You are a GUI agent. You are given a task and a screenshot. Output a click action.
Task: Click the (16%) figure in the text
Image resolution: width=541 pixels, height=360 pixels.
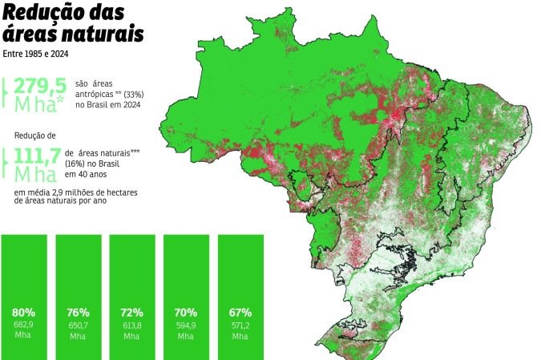78,162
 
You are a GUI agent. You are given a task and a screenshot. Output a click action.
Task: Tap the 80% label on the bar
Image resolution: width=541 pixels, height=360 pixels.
23,312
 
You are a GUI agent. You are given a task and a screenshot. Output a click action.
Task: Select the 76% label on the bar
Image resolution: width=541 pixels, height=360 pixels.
78,312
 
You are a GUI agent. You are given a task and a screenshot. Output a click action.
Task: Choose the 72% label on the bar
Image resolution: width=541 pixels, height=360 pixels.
132,312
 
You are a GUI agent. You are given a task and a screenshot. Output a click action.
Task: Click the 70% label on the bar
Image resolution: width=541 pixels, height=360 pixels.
186,312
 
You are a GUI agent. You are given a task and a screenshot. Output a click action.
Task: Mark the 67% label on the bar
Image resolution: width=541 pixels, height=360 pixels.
240,312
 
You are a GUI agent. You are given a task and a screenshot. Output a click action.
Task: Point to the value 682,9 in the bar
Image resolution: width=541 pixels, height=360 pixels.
23,326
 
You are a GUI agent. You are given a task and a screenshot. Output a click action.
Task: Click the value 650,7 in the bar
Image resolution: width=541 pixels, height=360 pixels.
78,326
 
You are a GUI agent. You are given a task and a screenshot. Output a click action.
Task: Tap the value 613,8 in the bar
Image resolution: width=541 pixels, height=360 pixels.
132,326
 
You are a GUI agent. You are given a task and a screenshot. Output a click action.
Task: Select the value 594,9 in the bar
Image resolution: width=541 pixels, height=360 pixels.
186,326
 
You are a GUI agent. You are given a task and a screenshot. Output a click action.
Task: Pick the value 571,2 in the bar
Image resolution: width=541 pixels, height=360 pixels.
240,326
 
